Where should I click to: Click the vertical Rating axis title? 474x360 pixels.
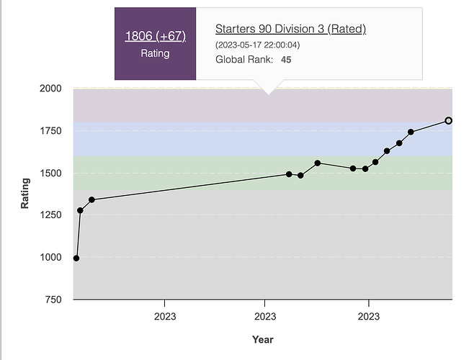(x=25, y=194)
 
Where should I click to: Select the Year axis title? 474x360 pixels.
(x=262, y=339)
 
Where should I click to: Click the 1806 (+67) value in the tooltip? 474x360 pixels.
(x=155, y=36)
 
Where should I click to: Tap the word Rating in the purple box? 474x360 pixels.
(x=155, y=53)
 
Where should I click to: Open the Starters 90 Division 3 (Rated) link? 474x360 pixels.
(x=291, y=29)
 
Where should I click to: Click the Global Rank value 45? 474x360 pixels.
(x=286, y=59)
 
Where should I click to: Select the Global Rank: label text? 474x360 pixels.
(x=244, y=59)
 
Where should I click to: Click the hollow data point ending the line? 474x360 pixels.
(x=448, y=120)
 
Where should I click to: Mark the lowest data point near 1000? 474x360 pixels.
(x=76, y=258)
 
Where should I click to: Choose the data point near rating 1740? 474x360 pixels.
(x=411, y=132)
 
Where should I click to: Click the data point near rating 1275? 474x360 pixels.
(x=80, y=210)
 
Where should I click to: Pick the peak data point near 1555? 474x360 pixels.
(x=318, y=163)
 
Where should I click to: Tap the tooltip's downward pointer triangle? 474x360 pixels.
(x=268, y=89)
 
